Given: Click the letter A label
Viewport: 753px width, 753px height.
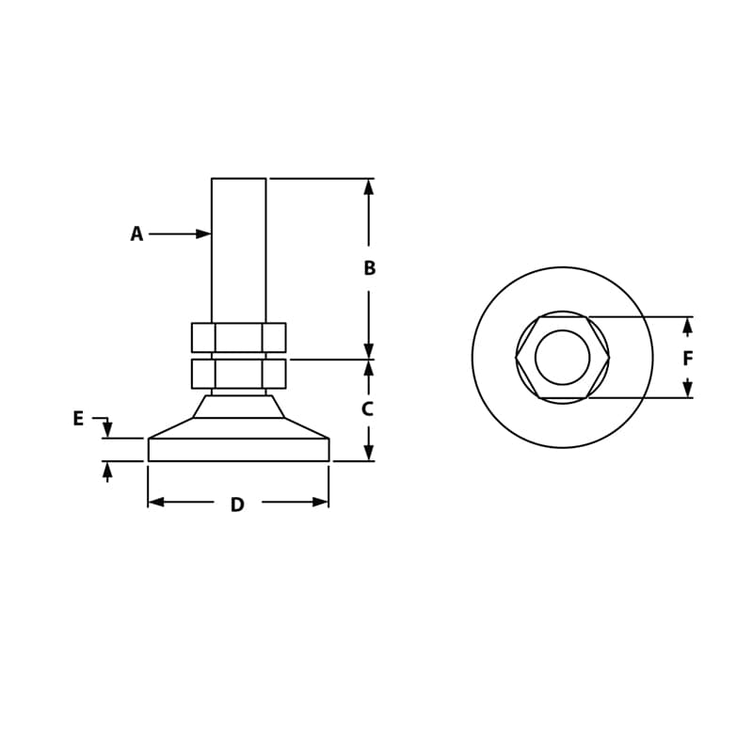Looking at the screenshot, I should coord(136,234).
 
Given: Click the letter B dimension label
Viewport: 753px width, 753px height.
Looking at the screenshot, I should coord(369,268).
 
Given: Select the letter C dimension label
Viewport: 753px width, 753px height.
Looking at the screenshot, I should coord(368,409).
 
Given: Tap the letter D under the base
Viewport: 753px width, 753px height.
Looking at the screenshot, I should coord(237,505).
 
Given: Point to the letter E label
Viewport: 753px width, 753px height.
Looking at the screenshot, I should coord(78,419).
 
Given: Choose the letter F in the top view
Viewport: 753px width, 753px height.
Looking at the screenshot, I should coord(688,359).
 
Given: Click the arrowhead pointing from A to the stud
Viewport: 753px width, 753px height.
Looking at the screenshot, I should coord(203,233).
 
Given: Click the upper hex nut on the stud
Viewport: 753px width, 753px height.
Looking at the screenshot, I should coord(238,337).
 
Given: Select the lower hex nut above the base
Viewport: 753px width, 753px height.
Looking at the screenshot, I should coord(238,374).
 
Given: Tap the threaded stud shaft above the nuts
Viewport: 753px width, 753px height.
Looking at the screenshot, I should coord(238,249).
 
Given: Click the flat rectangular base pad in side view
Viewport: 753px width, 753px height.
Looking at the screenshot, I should coord(238,450).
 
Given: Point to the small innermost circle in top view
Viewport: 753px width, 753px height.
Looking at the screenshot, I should coord(562,358).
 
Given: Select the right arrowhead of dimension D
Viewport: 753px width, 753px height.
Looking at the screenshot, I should coord(320,502).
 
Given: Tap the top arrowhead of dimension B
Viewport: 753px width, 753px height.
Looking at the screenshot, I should coord(368,186).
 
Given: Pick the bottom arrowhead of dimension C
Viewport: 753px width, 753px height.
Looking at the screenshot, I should coord(368,453).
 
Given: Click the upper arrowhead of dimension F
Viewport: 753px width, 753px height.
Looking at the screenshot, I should coord(687,326).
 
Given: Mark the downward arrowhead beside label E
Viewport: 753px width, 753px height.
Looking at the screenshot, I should coord(107,429).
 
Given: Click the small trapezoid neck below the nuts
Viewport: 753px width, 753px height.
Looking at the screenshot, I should coord(238,407).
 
